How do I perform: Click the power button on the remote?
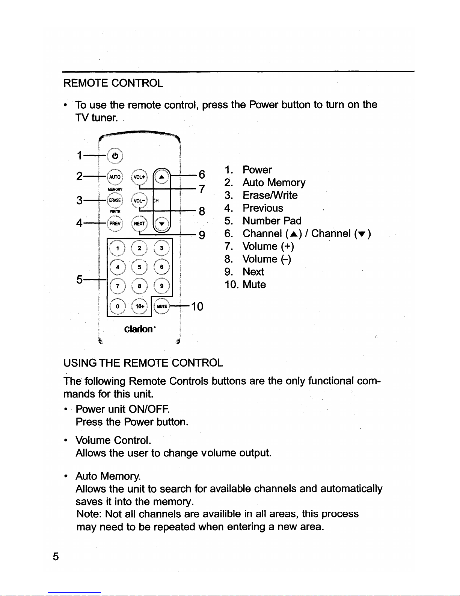(115, 156)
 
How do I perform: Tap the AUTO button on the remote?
(115, 177)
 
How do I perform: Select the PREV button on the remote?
(115, 223)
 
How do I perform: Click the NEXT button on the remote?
(139, 223)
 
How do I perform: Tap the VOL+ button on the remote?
(139, 177)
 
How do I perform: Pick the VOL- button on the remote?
(139, 200)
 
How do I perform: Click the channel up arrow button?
(162, 177)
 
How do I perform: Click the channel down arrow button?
(162, 223)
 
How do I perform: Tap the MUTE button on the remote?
(162, 306)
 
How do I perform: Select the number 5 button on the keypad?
(139, 267)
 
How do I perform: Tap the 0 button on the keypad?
(118, 306)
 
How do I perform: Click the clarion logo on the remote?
(140, 329)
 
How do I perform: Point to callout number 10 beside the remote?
(197, 306)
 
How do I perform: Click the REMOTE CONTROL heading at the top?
(113, 83)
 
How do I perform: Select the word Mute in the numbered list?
(254, 284)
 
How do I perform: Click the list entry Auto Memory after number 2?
(274, 183)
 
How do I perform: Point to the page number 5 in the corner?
(56, 557)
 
